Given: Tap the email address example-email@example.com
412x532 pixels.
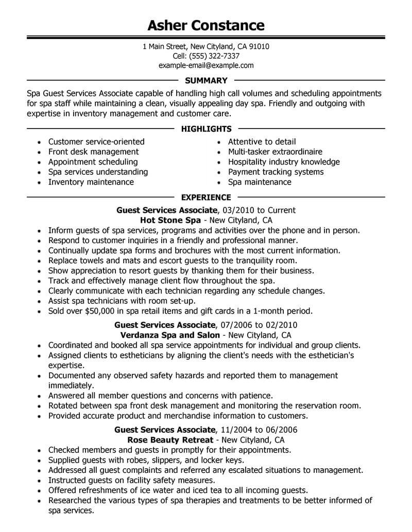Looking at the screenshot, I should (206, 65).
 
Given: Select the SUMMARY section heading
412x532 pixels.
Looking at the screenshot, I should (206, 81).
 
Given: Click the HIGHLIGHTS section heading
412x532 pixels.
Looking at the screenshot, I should (206, 129).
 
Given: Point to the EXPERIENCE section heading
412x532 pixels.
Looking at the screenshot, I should (206, 197).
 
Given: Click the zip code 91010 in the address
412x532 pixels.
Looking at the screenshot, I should (259, 47).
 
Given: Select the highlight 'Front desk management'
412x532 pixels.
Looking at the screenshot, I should (93, 152).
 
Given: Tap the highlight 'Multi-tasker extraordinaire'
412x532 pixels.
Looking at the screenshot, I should (275, 152).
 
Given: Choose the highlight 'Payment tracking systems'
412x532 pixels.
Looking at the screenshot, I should (276, 172).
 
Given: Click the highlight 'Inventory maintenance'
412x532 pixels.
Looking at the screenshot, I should (91, 182).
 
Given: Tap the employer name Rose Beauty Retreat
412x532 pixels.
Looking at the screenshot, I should (170, 440).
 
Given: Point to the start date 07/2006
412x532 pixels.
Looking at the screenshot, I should (236, 325).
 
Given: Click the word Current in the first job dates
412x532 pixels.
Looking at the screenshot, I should (280, 210).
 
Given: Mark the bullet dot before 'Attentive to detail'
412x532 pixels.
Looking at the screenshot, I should (219, 142).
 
